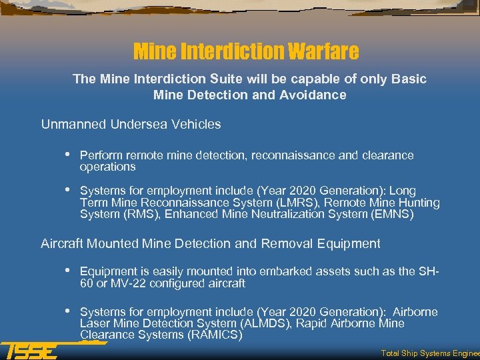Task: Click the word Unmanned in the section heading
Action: point(69,124)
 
